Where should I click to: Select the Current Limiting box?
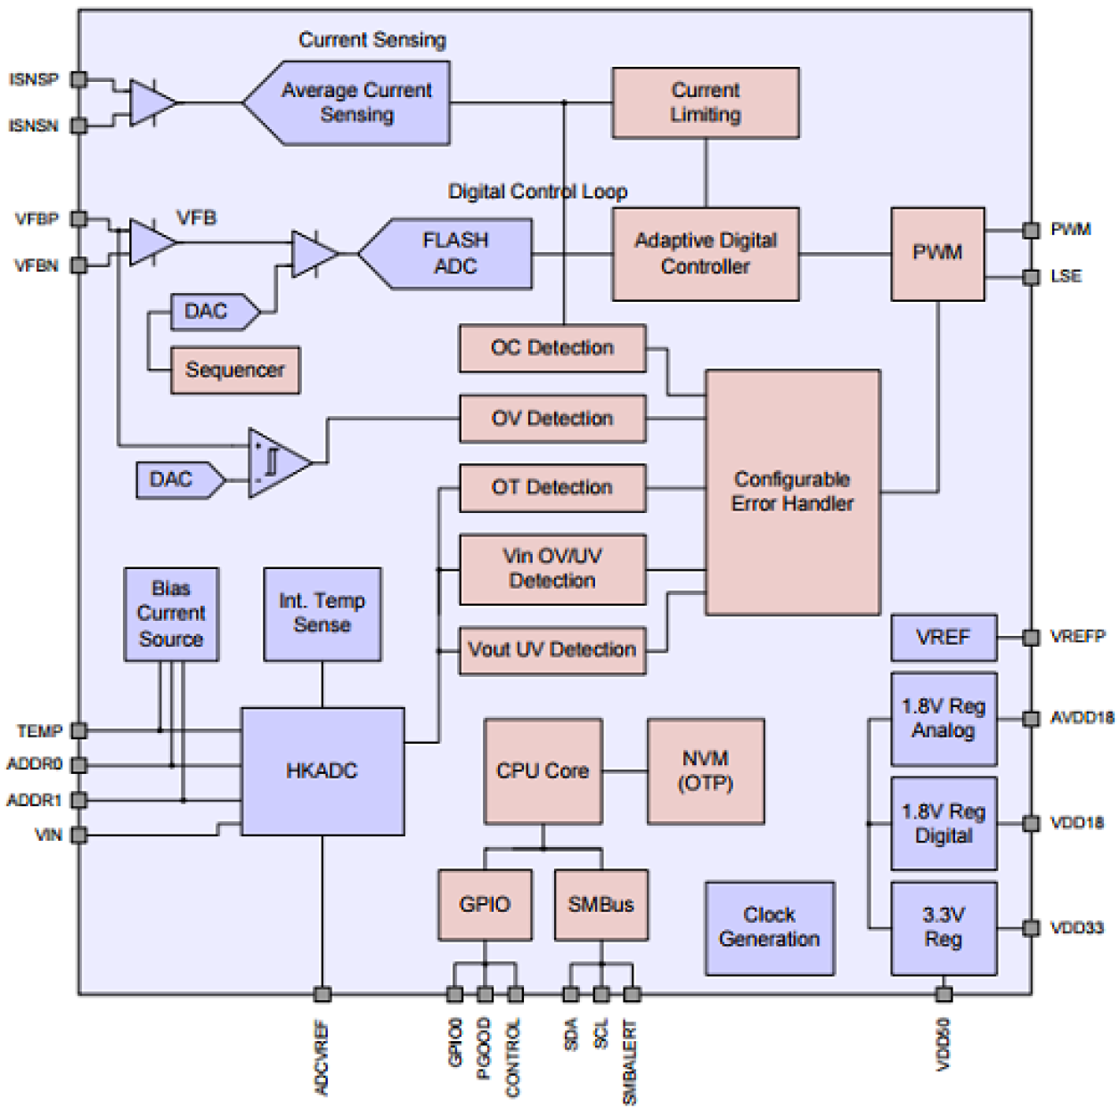pos(705,102)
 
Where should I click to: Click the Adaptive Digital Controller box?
pos(705,254)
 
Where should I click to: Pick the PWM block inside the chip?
pos(937,254)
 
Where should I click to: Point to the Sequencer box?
pos(235,370)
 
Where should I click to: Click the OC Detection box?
pos(552,347)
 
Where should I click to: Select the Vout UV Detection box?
pos(552,649)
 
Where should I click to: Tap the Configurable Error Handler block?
pos(792,492)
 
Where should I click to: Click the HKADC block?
pos(323,770)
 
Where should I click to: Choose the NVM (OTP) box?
pos(705,770)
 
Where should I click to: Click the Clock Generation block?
pos(769,927)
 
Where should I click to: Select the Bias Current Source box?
pos(171,614)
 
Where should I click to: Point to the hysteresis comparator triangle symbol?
pos(276,462)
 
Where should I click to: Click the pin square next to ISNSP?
pos(78,79)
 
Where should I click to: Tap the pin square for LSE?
pos(1031,277)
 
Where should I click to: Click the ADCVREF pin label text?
pos(322,1057)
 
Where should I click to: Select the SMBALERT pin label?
pos(630,1061)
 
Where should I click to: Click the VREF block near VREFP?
pos(943,637)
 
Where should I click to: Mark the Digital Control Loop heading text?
pos(537,191)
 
